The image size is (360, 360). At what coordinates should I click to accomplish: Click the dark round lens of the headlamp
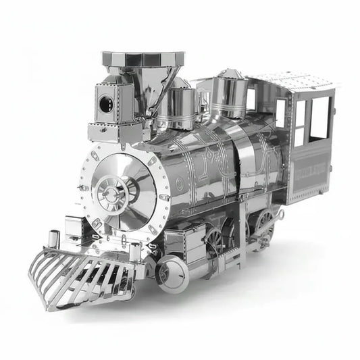pyautogui.click(x=105, y=103)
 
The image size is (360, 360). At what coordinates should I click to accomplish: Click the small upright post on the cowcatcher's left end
pyautogui.click(x=55, y=238)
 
